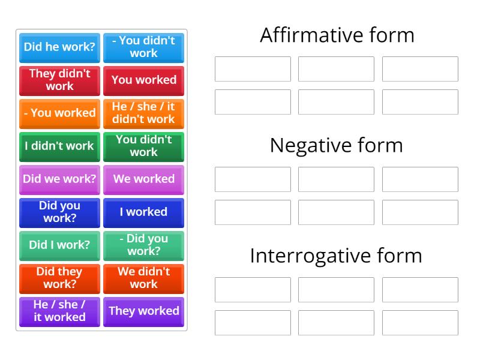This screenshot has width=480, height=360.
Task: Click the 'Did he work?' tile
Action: (59, 47)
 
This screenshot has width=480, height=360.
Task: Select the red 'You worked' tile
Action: (143, 80)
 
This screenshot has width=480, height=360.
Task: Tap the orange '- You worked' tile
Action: (59, 113)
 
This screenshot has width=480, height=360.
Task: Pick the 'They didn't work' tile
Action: (59, 80)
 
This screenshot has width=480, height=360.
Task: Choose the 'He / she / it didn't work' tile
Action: (143, 113)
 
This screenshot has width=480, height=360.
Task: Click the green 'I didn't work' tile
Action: (59, 146)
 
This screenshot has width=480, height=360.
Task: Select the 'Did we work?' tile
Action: (59, 179)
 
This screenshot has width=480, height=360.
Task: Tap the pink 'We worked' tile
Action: (143, 179)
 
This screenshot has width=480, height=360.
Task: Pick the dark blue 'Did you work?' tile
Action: (59, 212)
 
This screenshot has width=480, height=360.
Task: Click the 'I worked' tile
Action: (143, 212)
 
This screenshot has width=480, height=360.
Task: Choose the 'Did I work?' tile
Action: (59, 245)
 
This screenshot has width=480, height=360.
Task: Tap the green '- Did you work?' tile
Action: (143, 245)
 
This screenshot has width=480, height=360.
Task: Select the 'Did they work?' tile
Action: (59, 278)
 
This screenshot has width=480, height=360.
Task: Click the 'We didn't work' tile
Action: (143, 278)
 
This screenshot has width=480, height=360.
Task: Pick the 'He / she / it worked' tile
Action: (59, 311)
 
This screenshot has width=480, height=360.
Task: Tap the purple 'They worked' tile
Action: (143, 311)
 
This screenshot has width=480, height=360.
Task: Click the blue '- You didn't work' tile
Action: (143, 47)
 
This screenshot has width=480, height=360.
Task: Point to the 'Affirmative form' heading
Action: (337, 35)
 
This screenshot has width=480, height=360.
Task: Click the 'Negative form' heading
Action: (337, 145)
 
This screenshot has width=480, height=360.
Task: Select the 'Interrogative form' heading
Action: (337, 256)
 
